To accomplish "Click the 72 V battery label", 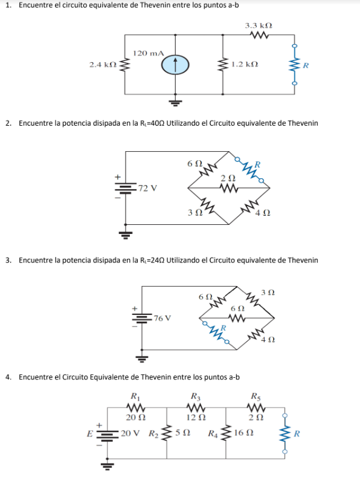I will tap(147, 187).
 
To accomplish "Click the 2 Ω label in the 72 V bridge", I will tap(227, 178).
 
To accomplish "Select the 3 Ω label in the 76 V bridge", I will tap(269, 293).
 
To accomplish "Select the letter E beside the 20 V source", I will tap(91, 433).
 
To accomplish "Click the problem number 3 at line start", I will tap(8, 261).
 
